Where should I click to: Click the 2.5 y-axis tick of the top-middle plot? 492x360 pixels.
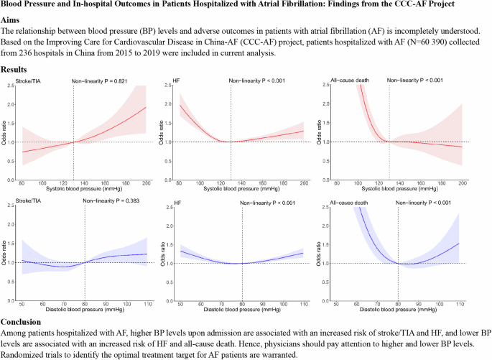(168, 86)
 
